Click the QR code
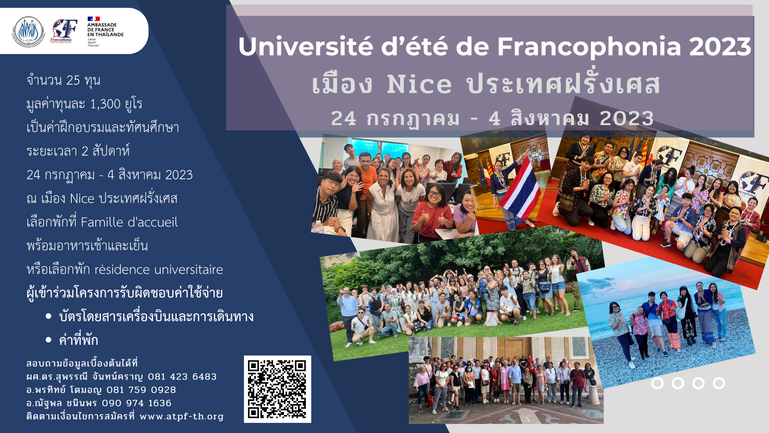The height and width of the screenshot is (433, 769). pos(277,389)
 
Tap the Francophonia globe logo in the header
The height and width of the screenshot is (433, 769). pos(63,31)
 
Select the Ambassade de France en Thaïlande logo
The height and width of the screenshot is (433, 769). pos(105,31)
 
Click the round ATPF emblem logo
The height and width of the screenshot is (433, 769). pos(28,31)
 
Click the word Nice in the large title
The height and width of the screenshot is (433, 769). pos(419,85)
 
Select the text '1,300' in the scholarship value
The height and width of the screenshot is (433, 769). pos(105,104)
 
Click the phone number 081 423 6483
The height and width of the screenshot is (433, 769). pos(182,377)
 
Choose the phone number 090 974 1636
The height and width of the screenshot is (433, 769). pos(137,403)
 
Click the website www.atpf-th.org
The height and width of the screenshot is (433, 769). pos(181,417)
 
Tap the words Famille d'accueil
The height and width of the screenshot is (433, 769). pos(129,222)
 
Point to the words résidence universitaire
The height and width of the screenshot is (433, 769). pos(159,269)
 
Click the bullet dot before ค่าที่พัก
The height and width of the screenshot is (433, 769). pos(49,340)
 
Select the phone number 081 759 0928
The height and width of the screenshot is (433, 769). pos(141,390)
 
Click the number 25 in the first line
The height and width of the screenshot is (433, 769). pos(73,80)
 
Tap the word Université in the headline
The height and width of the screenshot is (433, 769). pos(306,47)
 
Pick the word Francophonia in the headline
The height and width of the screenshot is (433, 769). pos(589,47)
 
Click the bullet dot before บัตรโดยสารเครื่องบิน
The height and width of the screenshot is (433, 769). pos(49,316)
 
